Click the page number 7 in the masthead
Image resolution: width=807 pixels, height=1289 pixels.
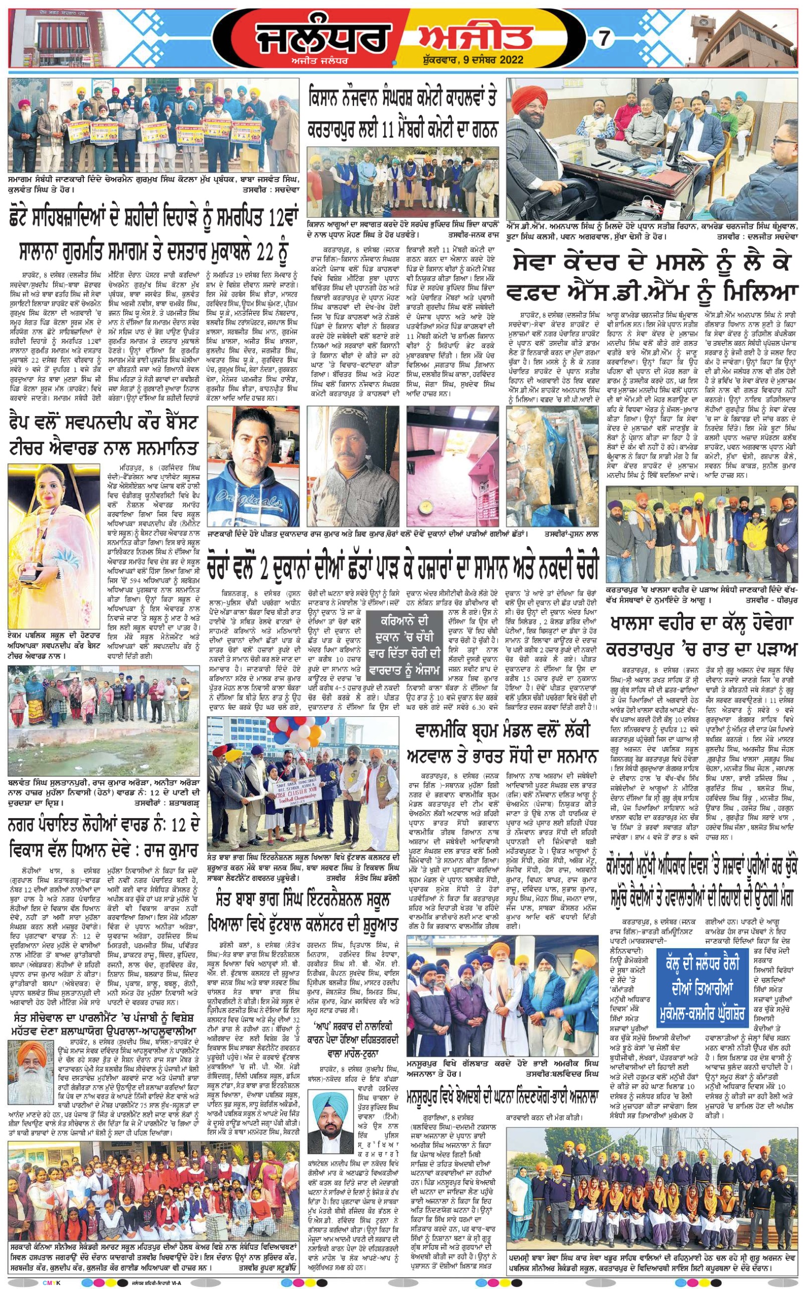click(x=604, y=39)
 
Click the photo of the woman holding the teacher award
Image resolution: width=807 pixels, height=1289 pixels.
click(x=53, y=545)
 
